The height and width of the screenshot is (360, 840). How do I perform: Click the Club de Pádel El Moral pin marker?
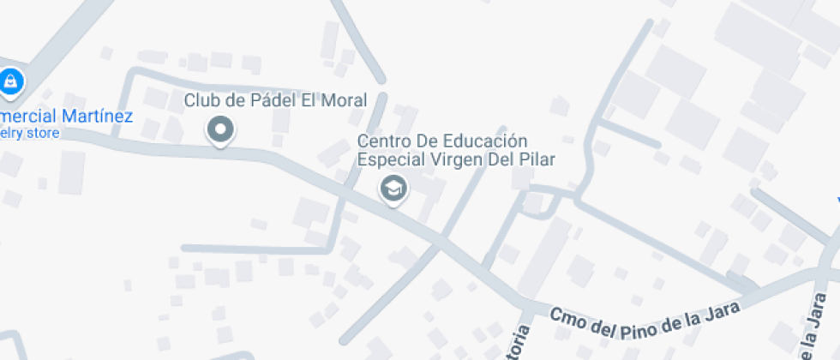[x=221, y=130]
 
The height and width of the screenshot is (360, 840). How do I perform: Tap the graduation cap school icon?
[x=393, y=188]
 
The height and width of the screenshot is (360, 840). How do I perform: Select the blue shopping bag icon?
[x=9, y=82]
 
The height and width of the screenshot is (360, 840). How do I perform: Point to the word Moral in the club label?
[x=344, y=100]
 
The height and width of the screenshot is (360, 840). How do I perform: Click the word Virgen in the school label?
[x=452, y=159]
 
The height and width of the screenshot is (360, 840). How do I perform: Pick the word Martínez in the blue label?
[x=96, y=116]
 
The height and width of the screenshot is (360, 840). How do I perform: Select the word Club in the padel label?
[x=201, y=100]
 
